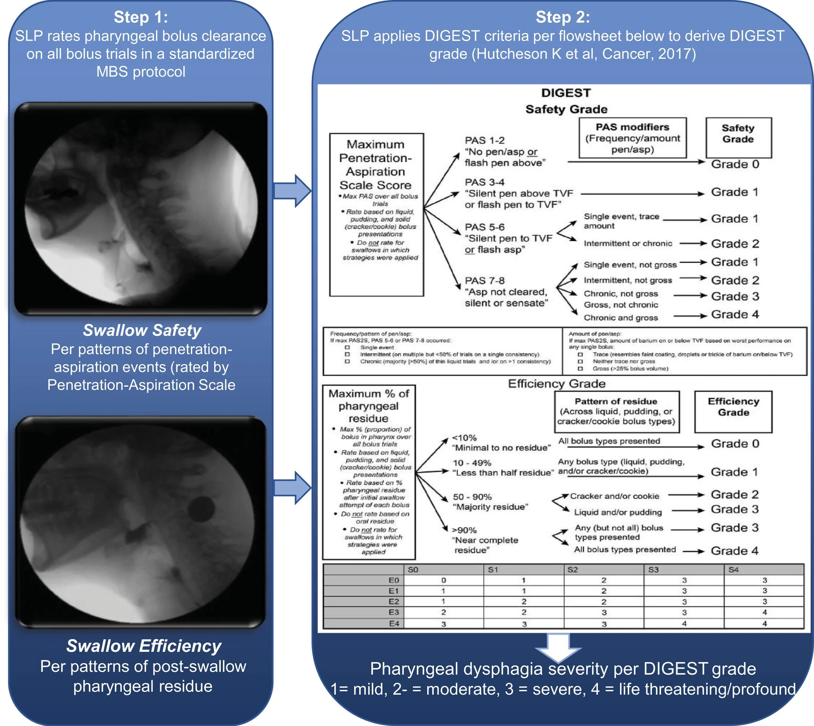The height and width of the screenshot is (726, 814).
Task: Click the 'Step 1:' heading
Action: (141, 17)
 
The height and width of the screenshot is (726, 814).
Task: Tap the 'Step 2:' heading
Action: (562, 17)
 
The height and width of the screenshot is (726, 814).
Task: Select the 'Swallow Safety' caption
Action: (142, 330)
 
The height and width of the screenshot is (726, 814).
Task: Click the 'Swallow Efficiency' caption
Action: (143, 646)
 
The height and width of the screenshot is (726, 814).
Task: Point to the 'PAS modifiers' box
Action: (632, 138)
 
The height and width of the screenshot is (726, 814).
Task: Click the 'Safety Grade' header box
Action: (738, 138)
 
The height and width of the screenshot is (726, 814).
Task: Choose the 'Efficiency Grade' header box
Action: (733, 412)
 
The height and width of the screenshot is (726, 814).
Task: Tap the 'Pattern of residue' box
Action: (616, 412)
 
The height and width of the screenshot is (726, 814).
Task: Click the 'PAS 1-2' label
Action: (485, 140)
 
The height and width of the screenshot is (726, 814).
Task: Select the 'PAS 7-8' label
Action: (485, 281)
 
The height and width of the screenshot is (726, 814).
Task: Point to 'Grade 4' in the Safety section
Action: (735, 315)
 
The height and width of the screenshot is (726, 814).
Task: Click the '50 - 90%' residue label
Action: (472, 497)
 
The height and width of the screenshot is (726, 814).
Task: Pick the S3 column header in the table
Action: (653, 569)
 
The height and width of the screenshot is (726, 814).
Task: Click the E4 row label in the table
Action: (394, 623)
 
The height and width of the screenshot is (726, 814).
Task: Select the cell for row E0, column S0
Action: (443, 581)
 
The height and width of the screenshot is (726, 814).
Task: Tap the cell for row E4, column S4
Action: (764, 623)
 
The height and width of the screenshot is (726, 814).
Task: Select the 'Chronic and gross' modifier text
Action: (621, 318)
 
